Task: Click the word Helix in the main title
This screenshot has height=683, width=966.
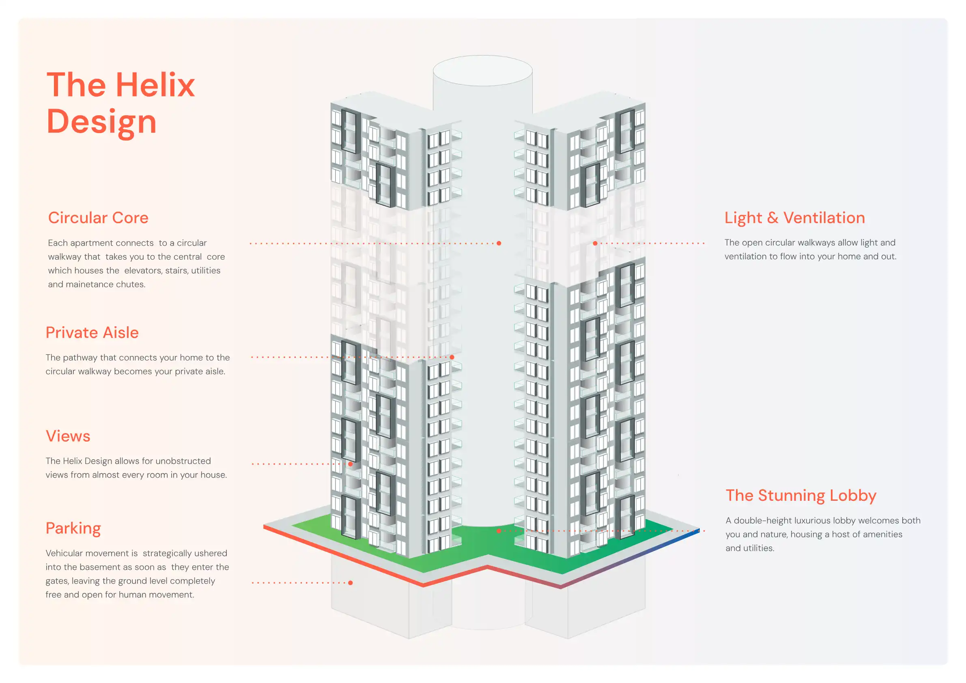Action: [155, 85]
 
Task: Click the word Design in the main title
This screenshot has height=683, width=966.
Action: [101, 122]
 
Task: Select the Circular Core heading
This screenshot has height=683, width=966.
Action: [98, 218]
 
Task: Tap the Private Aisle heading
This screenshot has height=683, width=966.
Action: [92, 333]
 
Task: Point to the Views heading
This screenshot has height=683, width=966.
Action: [68, 436]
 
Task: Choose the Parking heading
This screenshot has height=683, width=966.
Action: [73, 528]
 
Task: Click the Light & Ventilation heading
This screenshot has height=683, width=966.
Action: [794, 218]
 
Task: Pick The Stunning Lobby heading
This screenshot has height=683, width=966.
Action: [800, 496]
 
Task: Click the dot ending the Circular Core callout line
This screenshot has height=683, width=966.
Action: [499, 243]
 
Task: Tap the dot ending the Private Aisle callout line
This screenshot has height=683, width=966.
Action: [452, 357]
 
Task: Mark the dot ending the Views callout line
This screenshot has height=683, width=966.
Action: [351, 464]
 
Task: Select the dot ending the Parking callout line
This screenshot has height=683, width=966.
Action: [351, 583]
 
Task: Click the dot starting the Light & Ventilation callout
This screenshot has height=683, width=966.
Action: [595, 243]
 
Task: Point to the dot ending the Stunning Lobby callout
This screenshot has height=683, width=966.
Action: [499, 531]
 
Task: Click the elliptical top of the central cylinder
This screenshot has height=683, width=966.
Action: [483, 71]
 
